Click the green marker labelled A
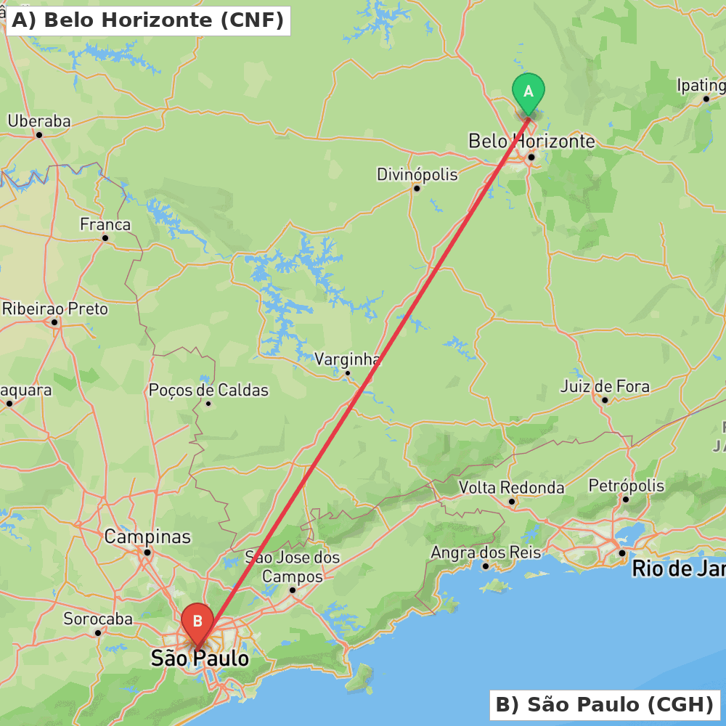click(529, 92)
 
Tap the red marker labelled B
click(197, 621)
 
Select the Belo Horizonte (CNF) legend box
click(148, 20)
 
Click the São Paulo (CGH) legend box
click(605, 704)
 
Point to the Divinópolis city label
click(417, 174)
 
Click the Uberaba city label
click(39, 121)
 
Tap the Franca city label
click(105, 224)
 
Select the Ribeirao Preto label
click(55, 309)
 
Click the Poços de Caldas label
click(208, 390)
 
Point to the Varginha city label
click(348, 359)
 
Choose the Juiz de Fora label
click(605, 386)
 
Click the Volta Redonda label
click(512, 487)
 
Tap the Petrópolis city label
click(626, 485)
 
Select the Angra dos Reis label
click(486, 552)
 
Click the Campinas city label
click(147, 537)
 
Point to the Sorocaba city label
click(98, 619)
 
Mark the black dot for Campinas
click(147, 552)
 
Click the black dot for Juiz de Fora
click(605, 400)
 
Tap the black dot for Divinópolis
click(417, 188)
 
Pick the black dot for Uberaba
click(39, 134)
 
